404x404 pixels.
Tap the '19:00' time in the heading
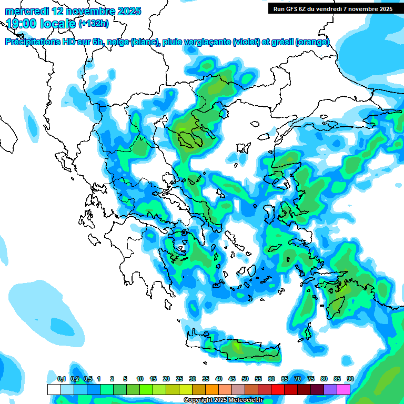click(x=23, y=23)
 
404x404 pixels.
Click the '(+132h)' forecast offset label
click(x=94, y=23)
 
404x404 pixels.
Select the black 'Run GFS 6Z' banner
click(x=332, y=9)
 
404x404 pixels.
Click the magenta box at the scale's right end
click(x=344, y=389)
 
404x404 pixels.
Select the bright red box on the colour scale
click(x=278, y=389)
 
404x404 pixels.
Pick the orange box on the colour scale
click(x=212, y=389)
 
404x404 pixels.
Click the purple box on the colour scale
click(x=330, y=389)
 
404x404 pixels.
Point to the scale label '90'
click(x=350, y=379)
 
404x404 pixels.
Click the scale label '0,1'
click(x=61, y=379)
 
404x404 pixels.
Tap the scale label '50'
click(x=245, y=379)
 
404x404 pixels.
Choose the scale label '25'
click(x=179, y=379)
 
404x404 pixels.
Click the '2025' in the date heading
click(x=127, y=11)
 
